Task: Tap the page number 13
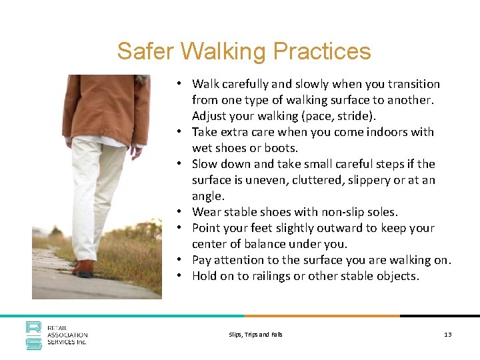click(x=447, y=334)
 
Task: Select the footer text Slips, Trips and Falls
click(x=255, y=334)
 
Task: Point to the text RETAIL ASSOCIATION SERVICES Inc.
click(x=67, y=335)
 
